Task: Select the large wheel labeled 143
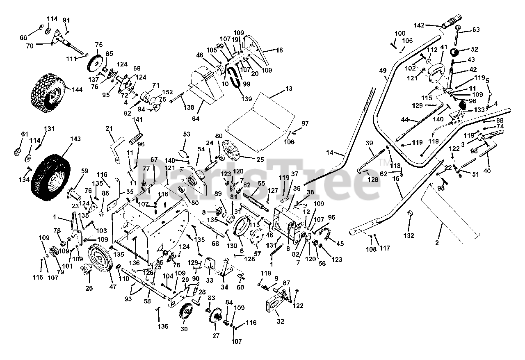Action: pyautogui.click(x=50, y=173)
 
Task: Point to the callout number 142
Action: pyautogui.click(x=431, y=25)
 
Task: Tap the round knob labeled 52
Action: pyautogui.click(x=455, y=53)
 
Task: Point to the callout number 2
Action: pyautogui.click(x=437, y=243)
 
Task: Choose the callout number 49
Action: pyautogui.click(x=383, y=71)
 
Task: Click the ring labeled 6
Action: pyautogui.click(x=242, y=226)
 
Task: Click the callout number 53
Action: pyautogui.click(x=187, y=134)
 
